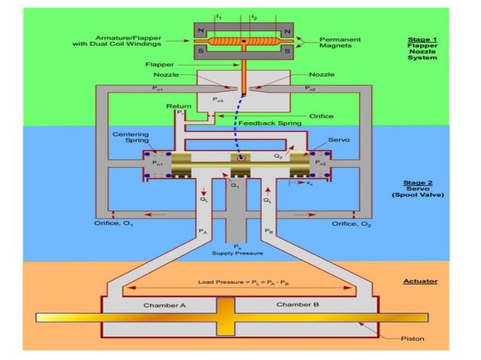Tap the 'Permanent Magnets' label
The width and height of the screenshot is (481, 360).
(x=341, y=42)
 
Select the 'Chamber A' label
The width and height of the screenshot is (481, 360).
(x=163, y=306)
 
